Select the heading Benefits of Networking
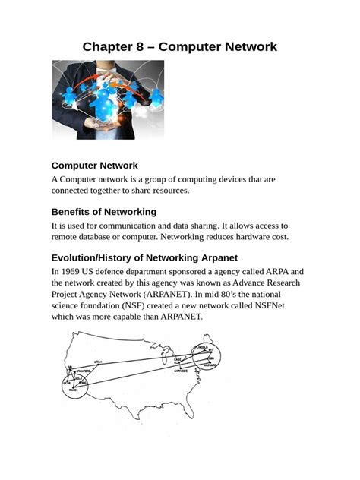(x=103, y=211)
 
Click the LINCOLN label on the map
(x=203, y=346)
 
